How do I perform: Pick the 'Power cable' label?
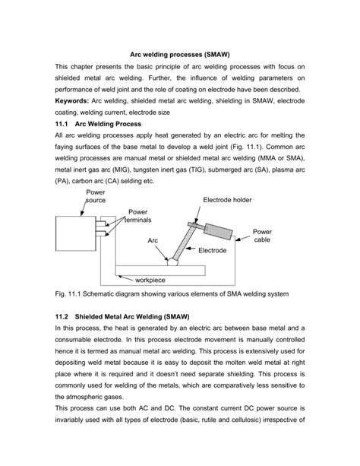[x=262, y=234]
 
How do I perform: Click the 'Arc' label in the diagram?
[x=155, y=240]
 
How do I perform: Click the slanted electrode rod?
[x=186, y=244]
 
